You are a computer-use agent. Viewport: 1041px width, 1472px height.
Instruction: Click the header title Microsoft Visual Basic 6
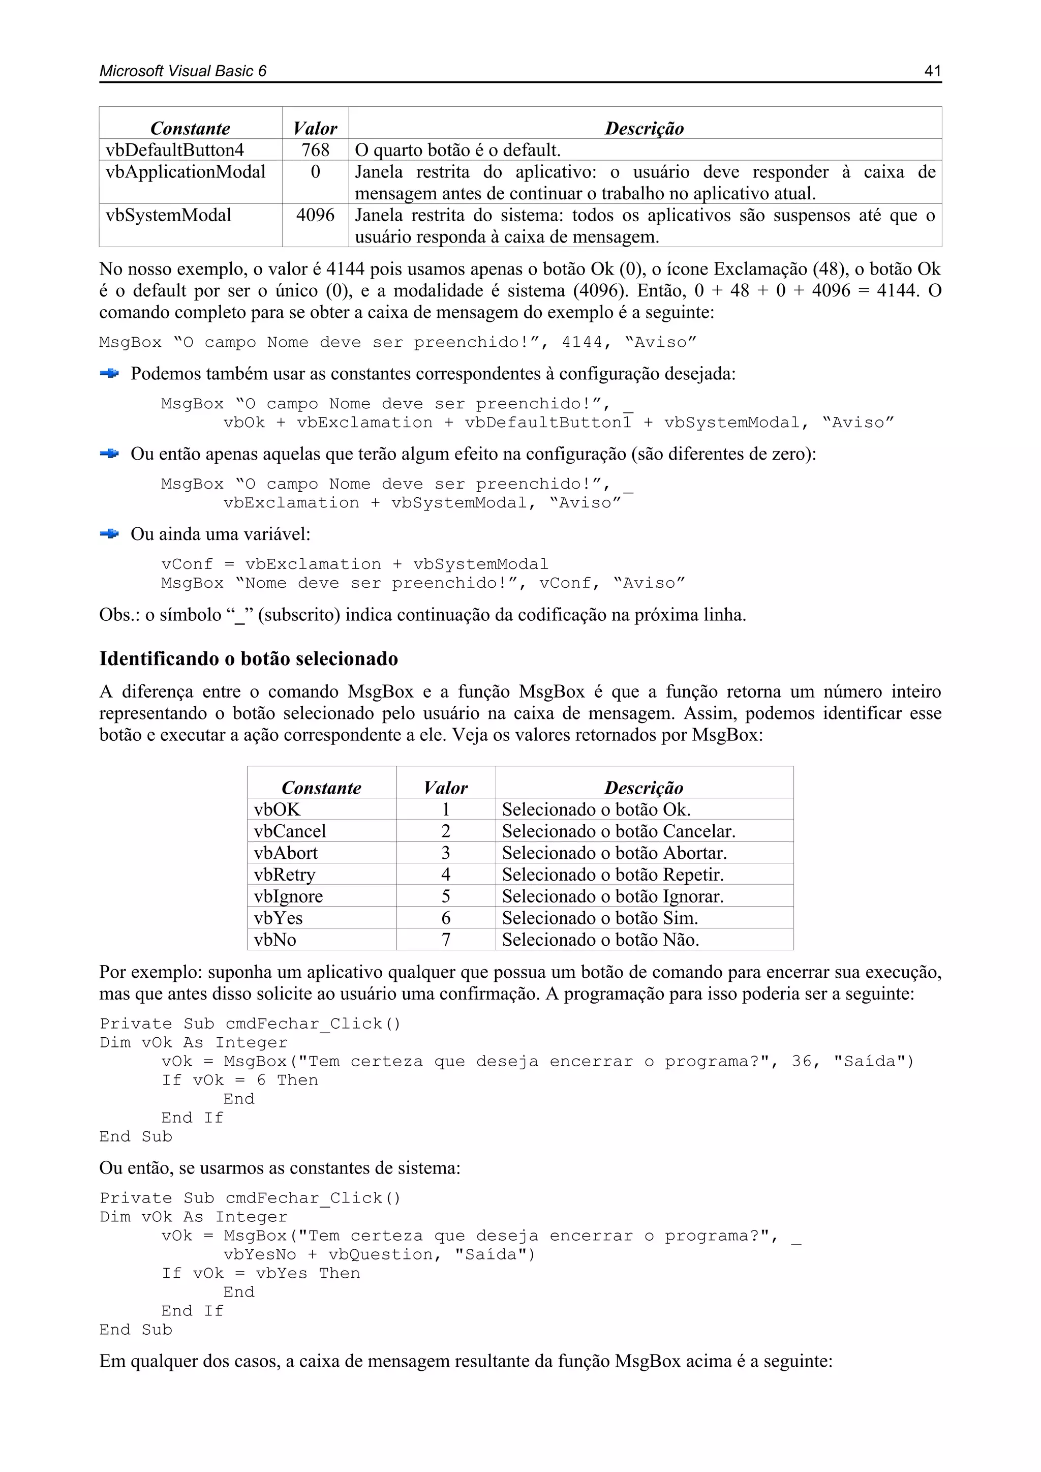coord(182,71)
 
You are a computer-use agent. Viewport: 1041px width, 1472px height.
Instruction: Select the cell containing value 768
coord(315,150)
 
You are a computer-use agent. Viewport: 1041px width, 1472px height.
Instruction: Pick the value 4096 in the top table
coord(315,216)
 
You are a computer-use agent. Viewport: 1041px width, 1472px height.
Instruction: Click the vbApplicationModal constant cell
coord(185,172)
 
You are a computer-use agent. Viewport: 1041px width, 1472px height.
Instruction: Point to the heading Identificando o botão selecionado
coord(249,658)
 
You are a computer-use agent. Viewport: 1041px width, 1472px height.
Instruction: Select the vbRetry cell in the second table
coord(285,875)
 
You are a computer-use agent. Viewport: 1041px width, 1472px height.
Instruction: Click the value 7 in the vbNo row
coord(445,940)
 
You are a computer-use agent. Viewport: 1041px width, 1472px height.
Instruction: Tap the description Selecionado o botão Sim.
coord(600,918)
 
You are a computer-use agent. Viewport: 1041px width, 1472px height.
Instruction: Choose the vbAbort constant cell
coord(286,853)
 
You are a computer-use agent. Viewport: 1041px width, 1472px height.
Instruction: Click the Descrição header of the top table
coord(644,128)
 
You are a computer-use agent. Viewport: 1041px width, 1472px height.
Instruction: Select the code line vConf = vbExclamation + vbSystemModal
coord(354,564)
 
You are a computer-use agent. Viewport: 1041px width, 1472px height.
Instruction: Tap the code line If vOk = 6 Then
coord(240,1080)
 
